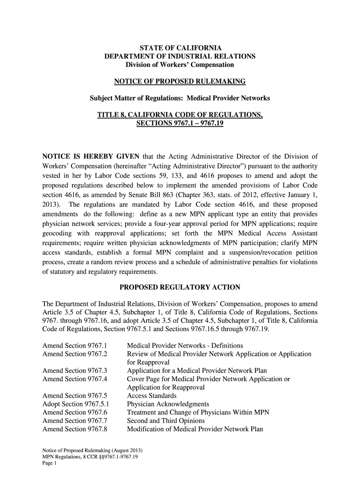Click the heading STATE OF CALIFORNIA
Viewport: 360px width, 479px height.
(x=180, y=48)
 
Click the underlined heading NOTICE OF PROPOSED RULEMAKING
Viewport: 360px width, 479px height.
(x=180, y=82)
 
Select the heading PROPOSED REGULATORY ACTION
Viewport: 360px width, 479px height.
(x=180, y=287)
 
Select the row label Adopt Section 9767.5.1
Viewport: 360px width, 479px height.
(x=75, y=404)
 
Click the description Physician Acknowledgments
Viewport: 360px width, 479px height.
(x=168, y=404)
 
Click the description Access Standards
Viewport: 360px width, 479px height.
(x=151, y=396)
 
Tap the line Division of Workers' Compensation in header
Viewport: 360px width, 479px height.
(x=180, y=65)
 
